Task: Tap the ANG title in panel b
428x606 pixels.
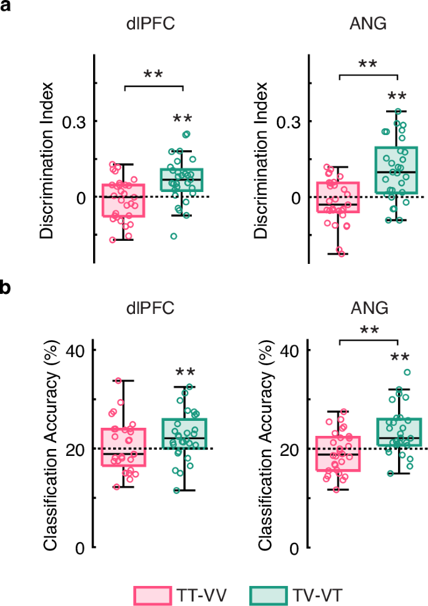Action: (x=366, y=308)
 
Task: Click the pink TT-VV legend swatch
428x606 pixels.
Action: (x=152, y=594)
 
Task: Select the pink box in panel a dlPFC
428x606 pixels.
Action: (x=124, y=200)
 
